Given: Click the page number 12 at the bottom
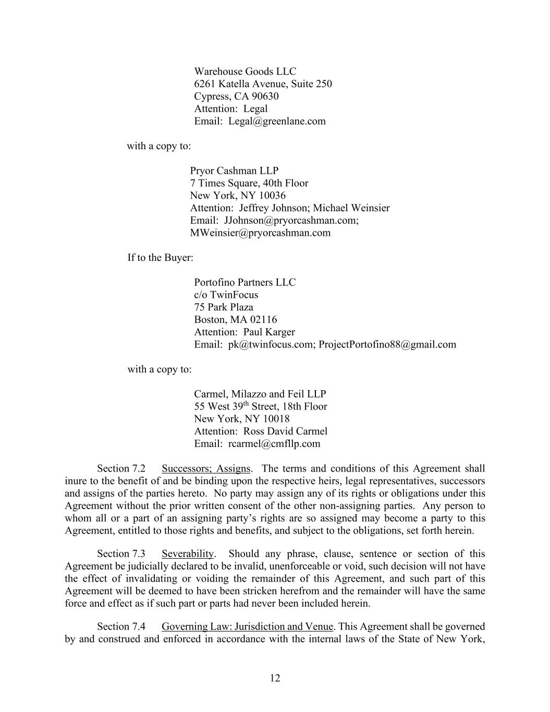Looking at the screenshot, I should (275, 678).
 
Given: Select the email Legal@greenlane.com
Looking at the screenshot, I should (277, 122).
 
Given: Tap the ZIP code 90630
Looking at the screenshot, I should (265, 96).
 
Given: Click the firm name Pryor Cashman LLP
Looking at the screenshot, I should (234, 171).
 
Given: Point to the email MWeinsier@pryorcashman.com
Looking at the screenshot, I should (260, 233).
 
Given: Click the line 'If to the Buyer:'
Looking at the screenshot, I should (160, 258).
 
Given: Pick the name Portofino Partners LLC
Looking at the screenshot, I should (245, 283).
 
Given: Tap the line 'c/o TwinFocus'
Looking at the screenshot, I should (226, 295).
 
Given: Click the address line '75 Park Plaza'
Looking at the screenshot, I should (223, 307).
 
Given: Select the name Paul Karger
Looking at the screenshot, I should (269, 332).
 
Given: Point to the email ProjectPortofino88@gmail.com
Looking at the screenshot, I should (387, 345).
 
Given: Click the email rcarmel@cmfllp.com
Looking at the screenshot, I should (274, 444).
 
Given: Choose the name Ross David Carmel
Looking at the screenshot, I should (285, 431).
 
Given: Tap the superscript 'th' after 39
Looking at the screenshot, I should (246, 404).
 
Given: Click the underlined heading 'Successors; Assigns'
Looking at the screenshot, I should (205, 468).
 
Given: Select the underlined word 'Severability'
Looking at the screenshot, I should (188, 554).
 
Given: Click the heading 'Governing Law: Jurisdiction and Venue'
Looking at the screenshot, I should (247, 626).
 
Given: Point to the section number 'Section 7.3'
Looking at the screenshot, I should (121, 554).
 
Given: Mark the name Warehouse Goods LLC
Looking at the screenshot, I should (245, 71).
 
